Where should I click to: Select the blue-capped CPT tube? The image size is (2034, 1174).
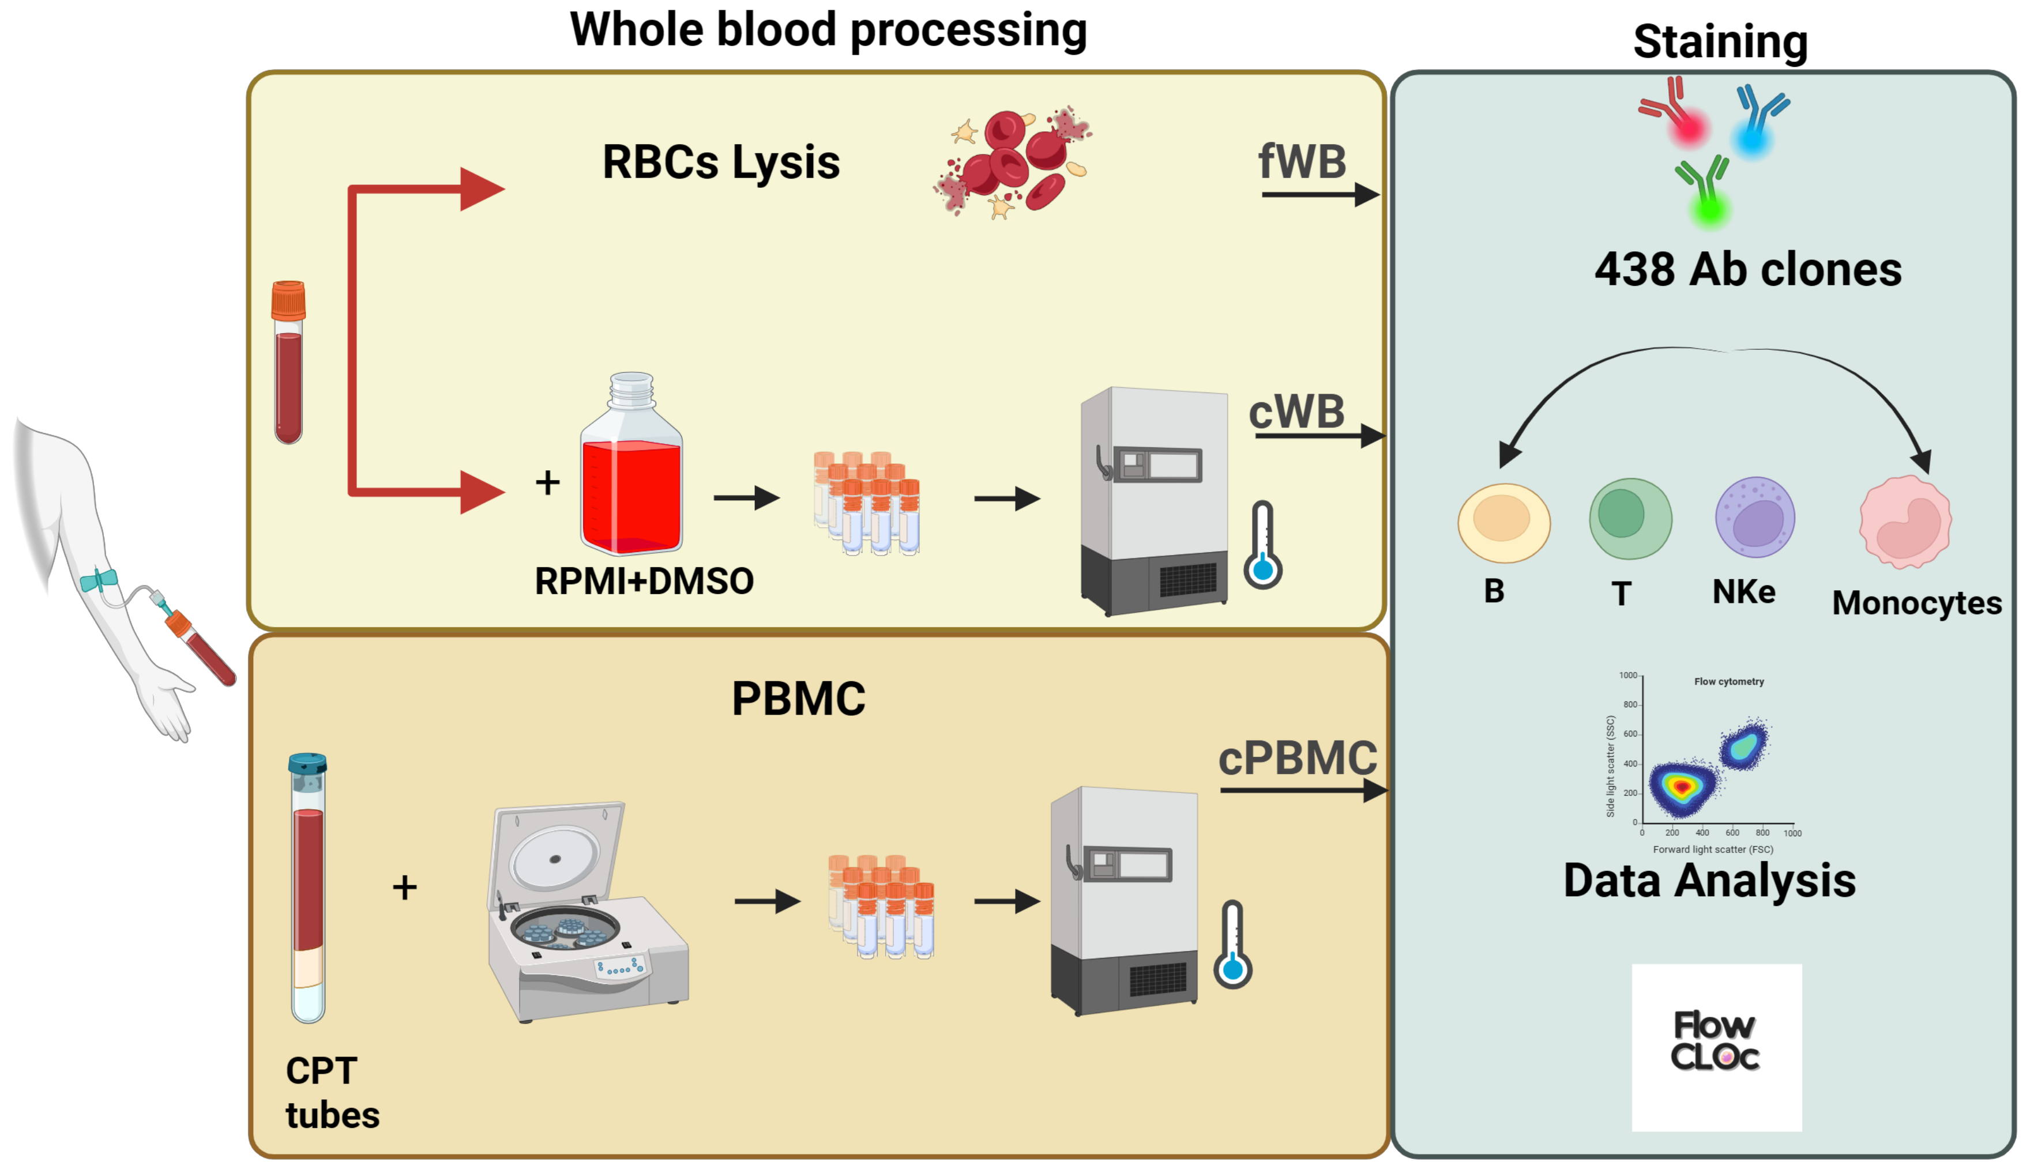(x=307, y=887)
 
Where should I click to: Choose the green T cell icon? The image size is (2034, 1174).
(x=1630, y=519)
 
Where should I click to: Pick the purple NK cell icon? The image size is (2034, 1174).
(x=1754, y=518)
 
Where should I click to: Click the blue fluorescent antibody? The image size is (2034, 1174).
(x=1759, y=121)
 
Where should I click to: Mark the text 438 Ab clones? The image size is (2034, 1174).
(x=1747, y=269)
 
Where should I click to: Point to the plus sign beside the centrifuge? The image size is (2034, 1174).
(x=405, y=888)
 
